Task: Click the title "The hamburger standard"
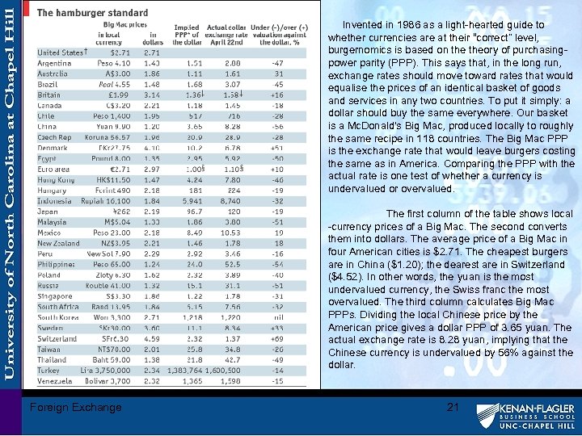(x=93, y=13)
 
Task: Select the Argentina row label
(x=54, y=63)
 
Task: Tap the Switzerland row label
(x=57, y=339)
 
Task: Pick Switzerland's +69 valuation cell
(x=276, y=339)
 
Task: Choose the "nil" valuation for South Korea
(x=277, y=318)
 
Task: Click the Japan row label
(x=48, y=212)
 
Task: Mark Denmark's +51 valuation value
(x=276, y=148)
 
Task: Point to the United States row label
(x=61, y=52)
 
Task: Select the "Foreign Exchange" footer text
(x=75, y=407)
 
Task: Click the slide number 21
(x=453, y=407)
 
